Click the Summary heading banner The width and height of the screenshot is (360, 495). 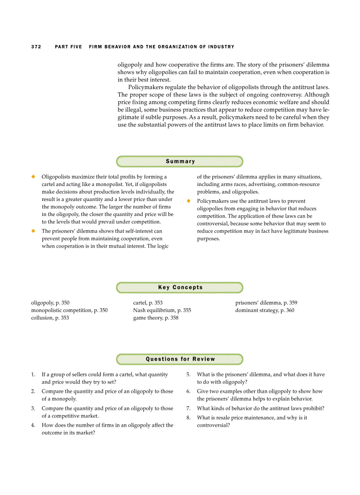tap(180, 161)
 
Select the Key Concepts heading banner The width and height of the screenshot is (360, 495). tap(180, 287)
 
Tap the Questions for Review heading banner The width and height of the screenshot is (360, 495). tap(180, 359)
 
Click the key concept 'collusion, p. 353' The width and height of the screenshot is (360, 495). tap(50, 318)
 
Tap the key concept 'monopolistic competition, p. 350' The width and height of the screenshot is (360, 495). tap(69, 310)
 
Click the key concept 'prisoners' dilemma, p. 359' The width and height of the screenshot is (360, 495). tap(266, 303)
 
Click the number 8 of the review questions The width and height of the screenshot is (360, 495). tap(188, 417)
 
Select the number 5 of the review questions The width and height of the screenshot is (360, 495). tap(188, 375)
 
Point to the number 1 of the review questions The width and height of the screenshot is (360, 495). tap(33, 375)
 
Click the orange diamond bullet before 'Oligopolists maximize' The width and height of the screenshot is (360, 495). tap(33, 176)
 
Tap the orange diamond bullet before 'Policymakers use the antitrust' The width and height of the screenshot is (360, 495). tap(188, 201)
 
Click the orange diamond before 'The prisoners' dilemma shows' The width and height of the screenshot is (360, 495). tap(33, 231)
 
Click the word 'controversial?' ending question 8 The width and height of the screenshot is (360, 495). tap(214, 425)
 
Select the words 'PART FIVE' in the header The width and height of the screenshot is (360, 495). tap(68, 47)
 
